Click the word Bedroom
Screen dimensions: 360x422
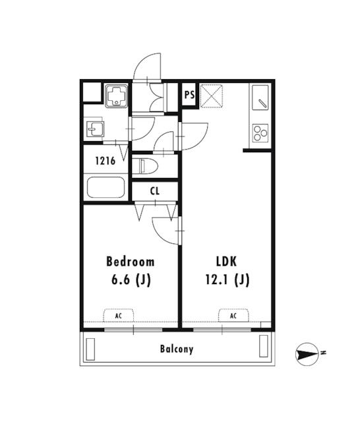pyautogui.click(x=131, y=262)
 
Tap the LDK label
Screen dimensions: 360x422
pyautogui.click(x=227, y=262)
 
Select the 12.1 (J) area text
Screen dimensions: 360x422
pyautogui.click(x=227, y=280)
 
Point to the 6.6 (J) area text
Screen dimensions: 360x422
pyautogui.click(x=131, y=280)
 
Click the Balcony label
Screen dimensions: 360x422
pyautogui.click(x=177, y=349)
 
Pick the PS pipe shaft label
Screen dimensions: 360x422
pyautogui.click(x=190, y=95)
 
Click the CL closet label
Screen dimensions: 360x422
pyautogui.click(x=155, y=191)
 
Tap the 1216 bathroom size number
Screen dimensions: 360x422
pyautogui.click(x=105, y=161)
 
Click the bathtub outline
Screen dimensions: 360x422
pyautogui.click(x=105, y=187)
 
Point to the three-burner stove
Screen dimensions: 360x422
pyautogui.click(x=260, y=133)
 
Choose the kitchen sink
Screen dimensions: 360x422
pyautogui.click(x=260, y=97)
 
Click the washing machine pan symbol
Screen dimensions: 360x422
pyautogui.click(x=116, y=96)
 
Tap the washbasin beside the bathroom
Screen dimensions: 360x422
pyautogui.click(x=95, y=129)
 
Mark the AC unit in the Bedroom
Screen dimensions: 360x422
pyautogui.click(x=119, y=315)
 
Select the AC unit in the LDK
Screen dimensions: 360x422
pyautogui.click(x=233, y=315)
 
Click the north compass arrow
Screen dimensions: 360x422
pyautogui.click(x=307, y=355)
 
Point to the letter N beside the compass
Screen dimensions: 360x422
pyautogui.click(x=324, y=352)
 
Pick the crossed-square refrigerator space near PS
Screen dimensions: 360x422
pyautogui.click(x=212, y=96)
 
